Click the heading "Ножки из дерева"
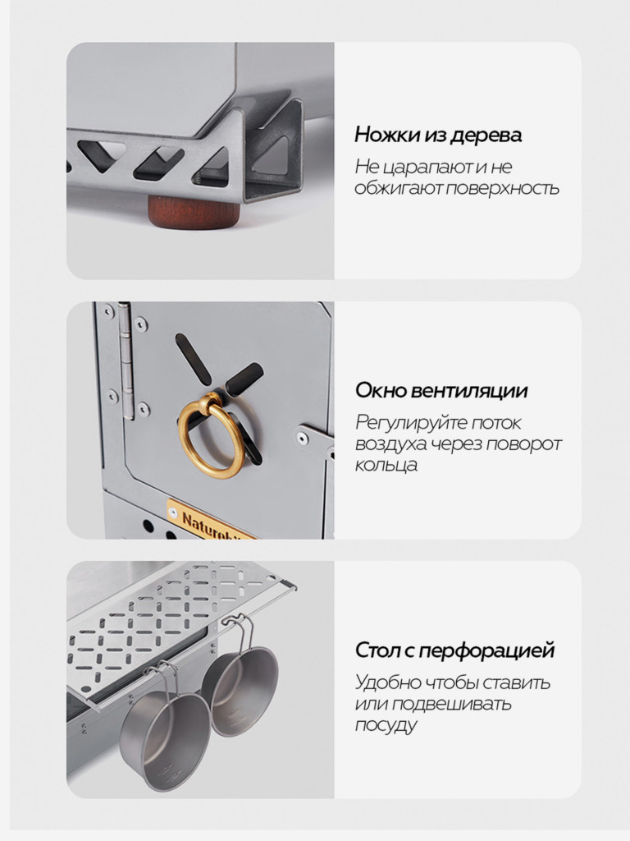[x=437, y=135]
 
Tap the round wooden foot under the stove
[x=194, y=210]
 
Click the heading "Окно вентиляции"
[x=441, y=390]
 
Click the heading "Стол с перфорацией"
[x=454, y=651]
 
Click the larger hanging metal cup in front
[x=164, y=727]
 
